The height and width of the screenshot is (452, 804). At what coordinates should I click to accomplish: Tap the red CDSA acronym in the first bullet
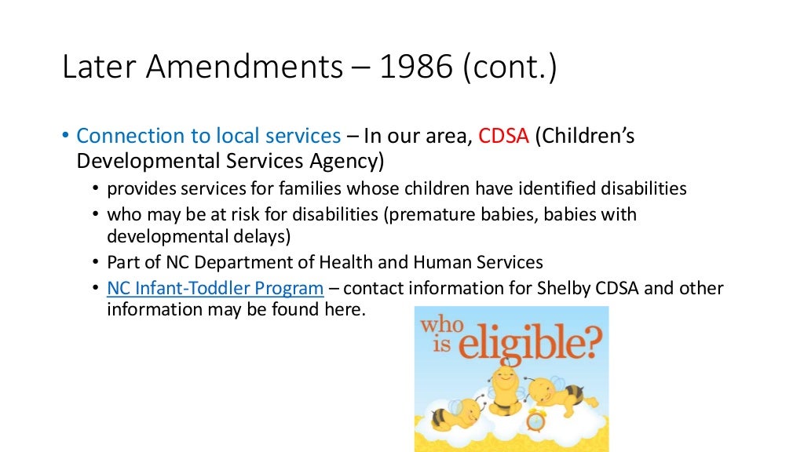[504, 136]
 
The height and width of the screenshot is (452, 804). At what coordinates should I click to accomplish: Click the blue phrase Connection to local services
[208, 136]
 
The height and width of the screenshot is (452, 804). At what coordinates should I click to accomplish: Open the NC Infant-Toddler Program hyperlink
[215, 288]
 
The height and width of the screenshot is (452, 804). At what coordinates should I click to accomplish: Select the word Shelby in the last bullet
[549, 288]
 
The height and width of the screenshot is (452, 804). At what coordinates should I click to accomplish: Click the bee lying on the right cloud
[560, 396]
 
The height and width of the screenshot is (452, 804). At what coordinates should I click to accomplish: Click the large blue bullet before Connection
[66, 137]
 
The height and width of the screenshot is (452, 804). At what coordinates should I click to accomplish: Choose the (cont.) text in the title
[510, 68]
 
